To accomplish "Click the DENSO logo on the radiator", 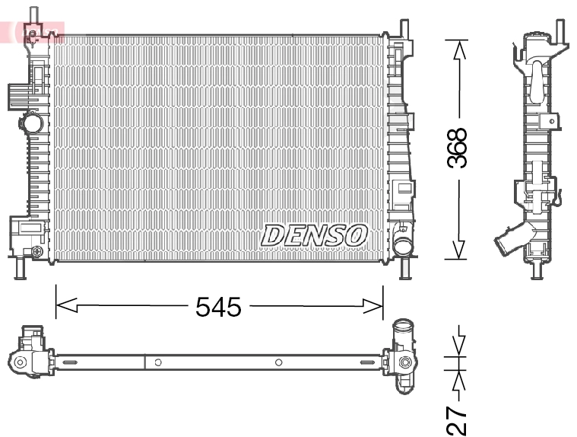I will [315, 234].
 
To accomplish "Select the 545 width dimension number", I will [218, 307].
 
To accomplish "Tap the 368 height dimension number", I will [458, 148].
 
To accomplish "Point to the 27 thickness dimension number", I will [457, 419].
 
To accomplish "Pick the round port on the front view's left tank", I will [31, 122].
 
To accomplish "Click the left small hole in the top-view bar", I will [157, 362].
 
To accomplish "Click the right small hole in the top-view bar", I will [279, 362].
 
